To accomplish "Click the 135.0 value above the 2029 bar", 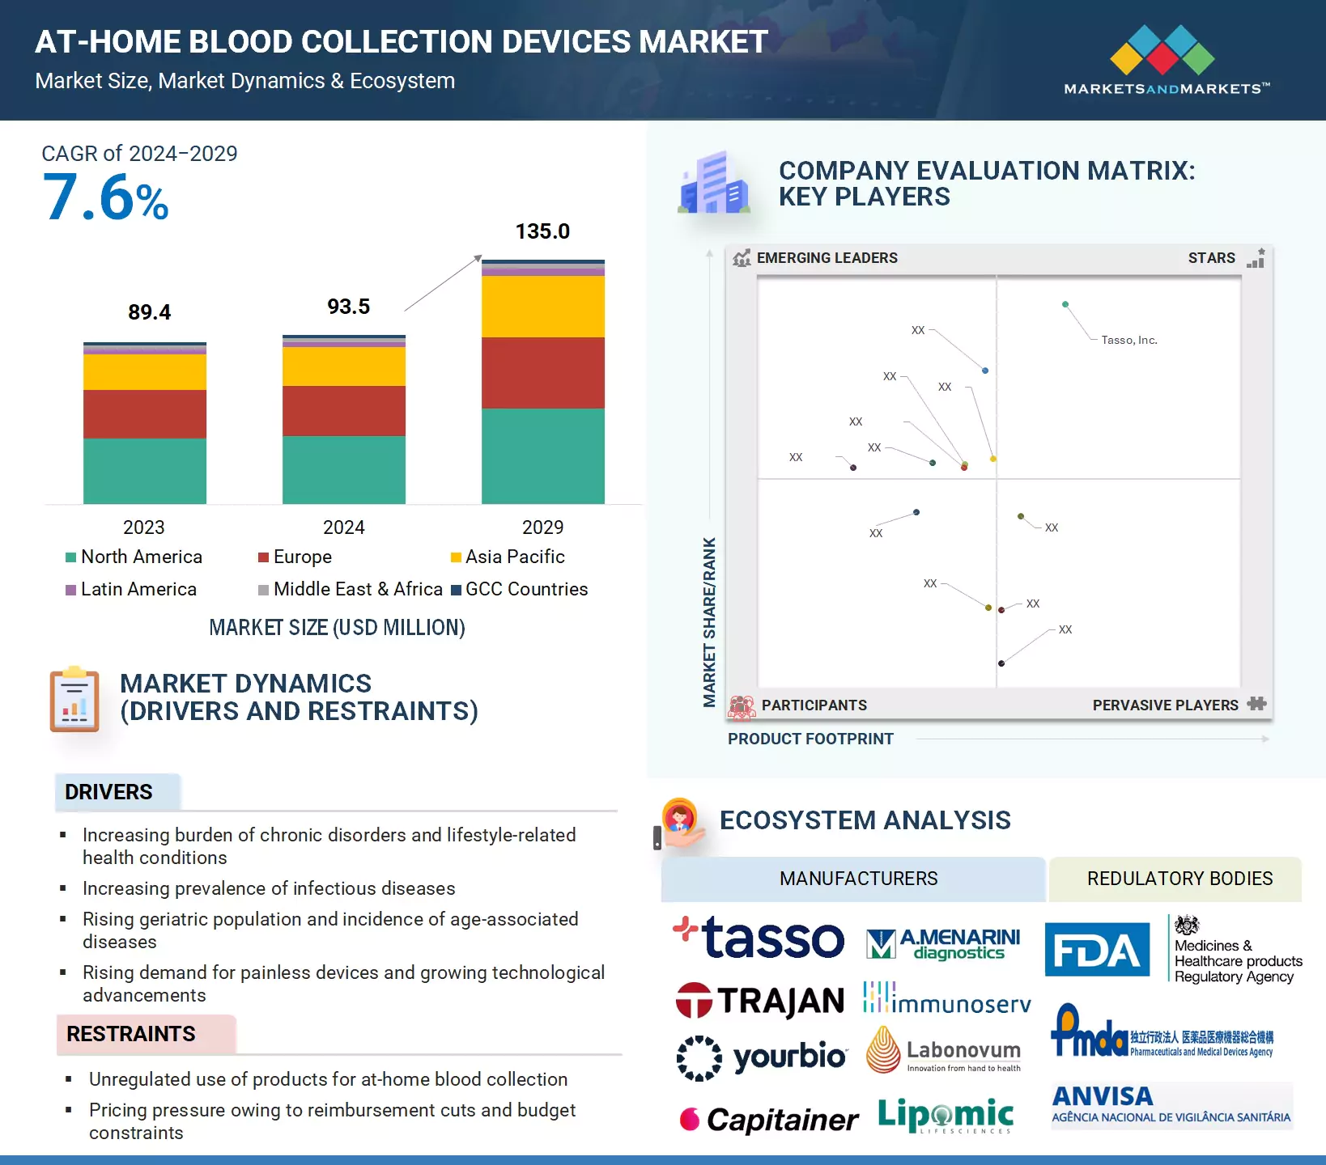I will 542,231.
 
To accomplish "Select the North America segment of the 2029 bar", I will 542,455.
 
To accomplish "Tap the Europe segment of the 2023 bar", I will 145,413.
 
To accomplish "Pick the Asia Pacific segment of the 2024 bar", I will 344,366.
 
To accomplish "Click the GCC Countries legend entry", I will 519,589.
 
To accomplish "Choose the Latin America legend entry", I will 131,589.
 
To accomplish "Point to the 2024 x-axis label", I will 344,527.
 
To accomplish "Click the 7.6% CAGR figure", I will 105,197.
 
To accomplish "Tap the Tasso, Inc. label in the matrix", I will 1129,340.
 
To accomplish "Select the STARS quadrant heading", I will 1211,258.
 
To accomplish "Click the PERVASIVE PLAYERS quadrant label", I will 1165,705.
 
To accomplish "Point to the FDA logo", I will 1097,950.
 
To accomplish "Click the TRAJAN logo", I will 760,1001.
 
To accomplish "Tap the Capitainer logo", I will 769,1120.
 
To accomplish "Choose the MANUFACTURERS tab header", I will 858,879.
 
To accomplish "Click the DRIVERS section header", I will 108,792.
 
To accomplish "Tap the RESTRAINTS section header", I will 131,1034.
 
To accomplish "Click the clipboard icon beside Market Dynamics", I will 74,700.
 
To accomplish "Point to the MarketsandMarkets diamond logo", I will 1162,50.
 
